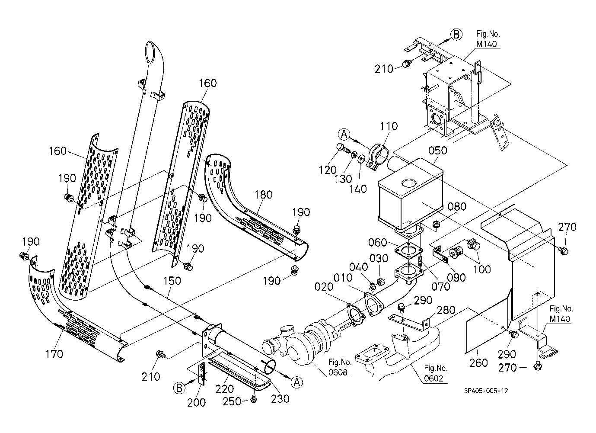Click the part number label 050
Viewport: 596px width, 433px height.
(438, 151)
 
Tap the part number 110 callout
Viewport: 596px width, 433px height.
(389, 126)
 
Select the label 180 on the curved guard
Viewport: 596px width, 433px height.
(263, 195)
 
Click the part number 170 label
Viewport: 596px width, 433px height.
(54, 354)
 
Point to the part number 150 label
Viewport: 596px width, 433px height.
(172, 281)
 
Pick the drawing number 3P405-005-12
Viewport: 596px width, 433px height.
(486, 391)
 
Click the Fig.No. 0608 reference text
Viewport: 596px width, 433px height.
(339, 367)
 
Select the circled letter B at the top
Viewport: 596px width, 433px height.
(456, 35)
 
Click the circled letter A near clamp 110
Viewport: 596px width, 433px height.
(344, 135)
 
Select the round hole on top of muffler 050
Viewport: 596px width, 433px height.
(409, 183)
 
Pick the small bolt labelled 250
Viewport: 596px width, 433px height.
(254, 399)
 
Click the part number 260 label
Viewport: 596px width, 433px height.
(478, 362)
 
